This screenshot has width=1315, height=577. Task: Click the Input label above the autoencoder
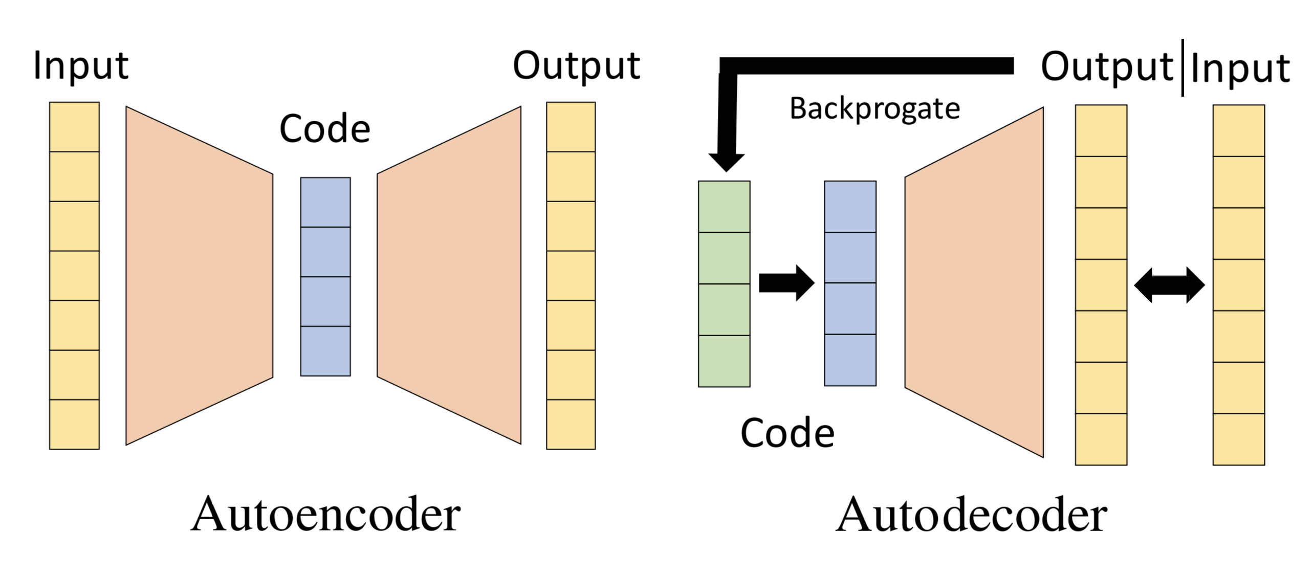[x=81, y=66]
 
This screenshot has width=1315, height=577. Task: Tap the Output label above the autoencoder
[x=576, y=66]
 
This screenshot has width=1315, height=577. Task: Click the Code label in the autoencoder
[x=324, y=129]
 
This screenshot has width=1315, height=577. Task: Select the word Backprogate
[x=874, y=109]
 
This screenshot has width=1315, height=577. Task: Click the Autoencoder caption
[x=325, y=515]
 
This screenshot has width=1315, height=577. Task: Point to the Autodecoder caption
[x=971, y=515]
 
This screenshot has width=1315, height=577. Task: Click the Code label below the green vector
[x=787, y=433]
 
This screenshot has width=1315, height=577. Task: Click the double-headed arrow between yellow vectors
[x=1170, y=285]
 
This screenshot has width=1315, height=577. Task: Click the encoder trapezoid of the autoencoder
[x=200, y=275]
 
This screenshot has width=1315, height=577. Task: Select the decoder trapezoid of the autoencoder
[x=449, y=275]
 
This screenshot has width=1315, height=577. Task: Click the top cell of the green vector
[x=724, y=207]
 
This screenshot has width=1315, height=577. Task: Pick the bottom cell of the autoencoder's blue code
[x=325, y=351]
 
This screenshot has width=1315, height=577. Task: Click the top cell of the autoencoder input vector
[x=74, y=127]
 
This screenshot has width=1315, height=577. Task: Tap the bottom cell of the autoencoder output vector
[x=571, y=424]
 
